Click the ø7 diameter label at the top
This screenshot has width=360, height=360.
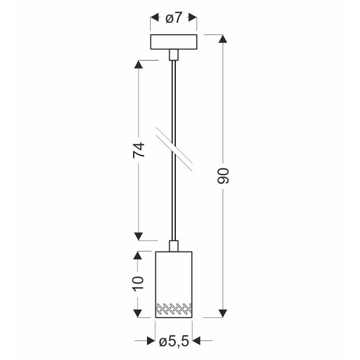[x=173, y=19]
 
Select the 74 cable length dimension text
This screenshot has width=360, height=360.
[x=139, y=151]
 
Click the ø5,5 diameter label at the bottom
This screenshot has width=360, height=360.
[x=175, y=342]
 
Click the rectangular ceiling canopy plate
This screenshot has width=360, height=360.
[x=173, y=43]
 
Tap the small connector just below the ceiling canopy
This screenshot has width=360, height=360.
[x=173, y=55]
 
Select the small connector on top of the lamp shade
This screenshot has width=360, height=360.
[x=173, y=245]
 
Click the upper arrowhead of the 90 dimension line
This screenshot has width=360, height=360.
[x=223, y=40]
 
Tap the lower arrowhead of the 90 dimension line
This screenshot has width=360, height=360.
[x=223, y=313]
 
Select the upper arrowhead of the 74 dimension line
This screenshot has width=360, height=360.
[x=139, y=64]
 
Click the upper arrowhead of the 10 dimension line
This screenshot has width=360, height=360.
[x=139, y=255]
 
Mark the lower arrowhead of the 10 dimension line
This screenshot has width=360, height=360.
[x=139, y=313]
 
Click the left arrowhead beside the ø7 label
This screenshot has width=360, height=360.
[x=154, y=19]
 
